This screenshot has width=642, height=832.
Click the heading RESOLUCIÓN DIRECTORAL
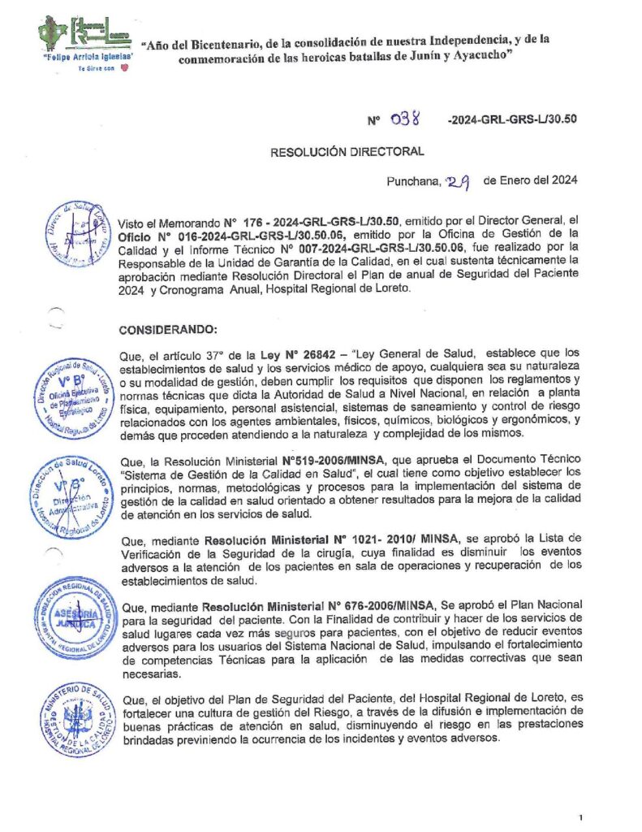click(347, 150)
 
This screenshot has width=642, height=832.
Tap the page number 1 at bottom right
click(581, 815)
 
